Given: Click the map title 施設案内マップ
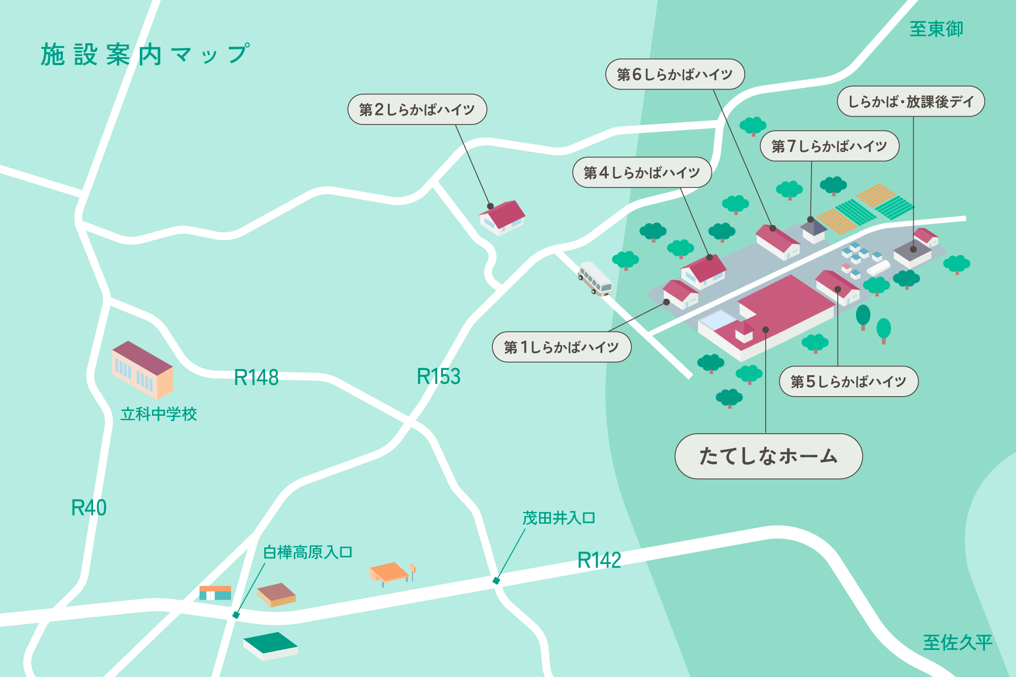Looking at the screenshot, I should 145,55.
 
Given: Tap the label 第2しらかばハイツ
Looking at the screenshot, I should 417,109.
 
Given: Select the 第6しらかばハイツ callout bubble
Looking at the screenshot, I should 674,74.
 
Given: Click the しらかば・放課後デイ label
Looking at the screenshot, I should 911,101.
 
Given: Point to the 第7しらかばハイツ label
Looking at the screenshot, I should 829,146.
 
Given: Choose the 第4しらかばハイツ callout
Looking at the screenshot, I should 642,173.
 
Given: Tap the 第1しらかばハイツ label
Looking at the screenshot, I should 561,347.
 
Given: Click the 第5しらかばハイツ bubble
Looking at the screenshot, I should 848,382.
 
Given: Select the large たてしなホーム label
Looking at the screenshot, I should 768,456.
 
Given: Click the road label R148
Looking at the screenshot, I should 256,377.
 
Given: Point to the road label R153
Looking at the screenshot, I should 439,376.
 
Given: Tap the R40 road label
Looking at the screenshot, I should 89,508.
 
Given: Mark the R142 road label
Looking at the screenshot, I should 599,560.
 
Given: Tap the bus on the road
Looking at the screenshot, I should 595,279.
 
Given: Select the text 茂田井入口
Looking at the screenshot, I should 559,518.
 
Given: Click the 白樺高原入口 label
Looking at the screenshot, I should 308,553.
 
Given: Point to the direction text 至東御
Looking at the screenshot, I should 936,29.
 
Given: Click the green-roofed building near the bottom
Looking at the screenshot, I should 271,646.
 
